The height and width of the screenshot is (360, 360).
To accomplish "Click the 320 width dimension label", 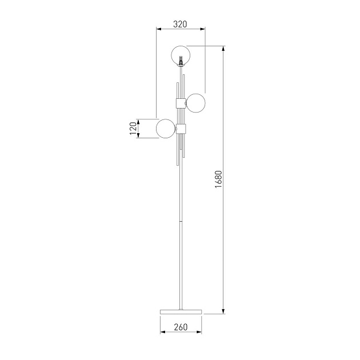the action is tap(180, 24).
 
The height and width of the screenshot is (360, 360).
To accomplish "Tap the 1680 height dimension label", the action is tap(218, 179).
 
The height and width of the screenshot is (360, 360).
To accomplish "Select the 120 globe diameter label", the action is tap(133, 129).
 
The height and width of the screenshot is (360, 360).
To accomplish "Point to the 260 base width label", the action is tap(181, 327).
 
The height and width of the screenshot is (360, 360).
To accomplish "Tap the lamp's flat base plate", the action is tap(181, 312).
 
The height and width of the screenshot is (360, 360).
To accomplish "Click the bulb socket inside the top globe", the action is tap(181, 60).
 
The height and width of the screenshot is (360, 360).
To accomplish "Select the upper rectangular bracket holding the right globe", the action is tap(181, 103).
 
